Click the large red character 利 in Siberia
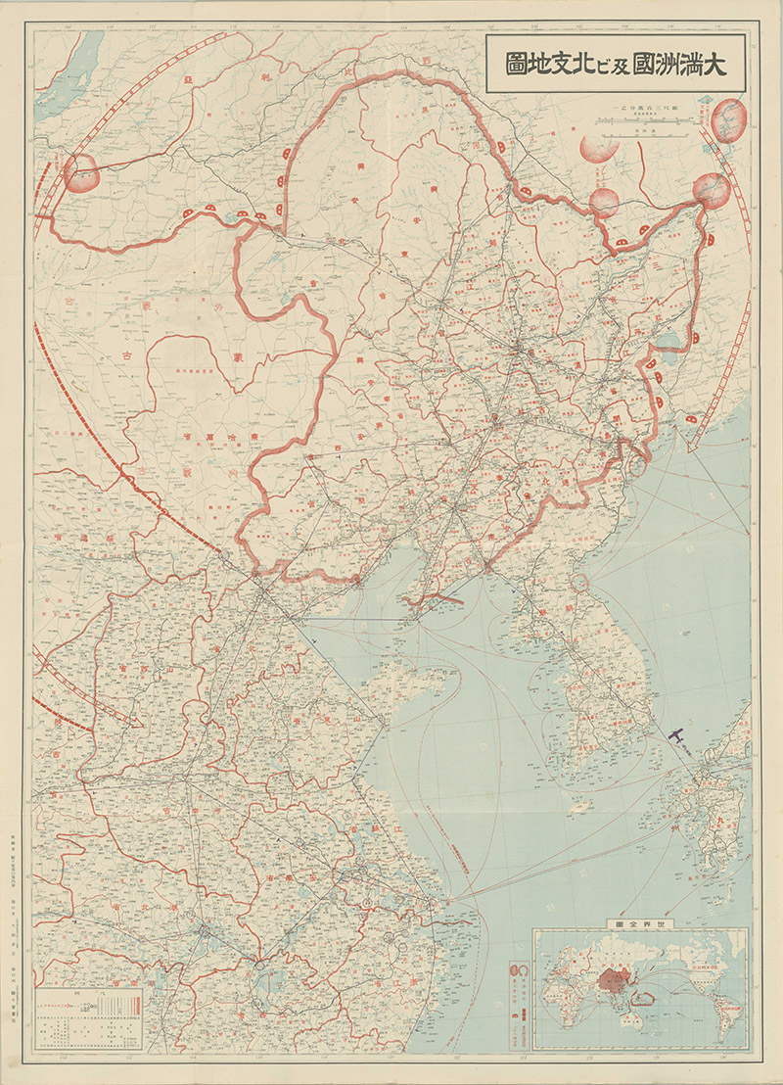point(266,72)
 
